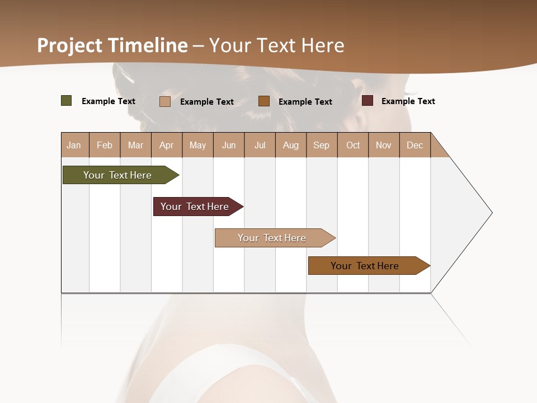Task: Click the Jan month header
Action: pos(74,145)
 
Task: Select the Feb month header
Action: pos(105,145)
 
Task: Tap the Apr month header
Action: pos(166,145)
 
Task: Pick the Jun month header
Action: pos(229,145)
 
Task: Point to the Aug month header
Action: pos(290,145)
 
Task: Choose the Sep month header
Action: pos(322,145)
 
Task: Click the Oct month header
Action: pos(353,145)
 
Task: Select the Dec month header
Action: pos(414,145)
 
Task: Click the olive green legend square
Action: pos(67,101)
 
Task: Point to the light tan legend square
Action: pos(165,101)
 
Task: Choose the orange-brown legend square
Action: pos(264,101)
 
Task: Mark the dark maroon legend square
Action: pos(368,101)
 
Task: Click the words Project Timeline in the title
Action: pos(112,45)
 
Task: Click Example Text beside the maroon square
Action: pos(408,101)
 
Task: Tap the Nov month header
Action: pos(384,145)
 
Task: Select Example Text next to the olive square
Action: pos(109,101)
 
